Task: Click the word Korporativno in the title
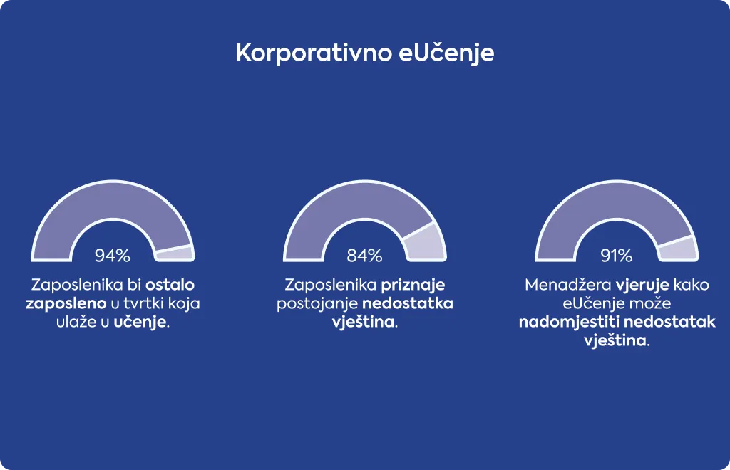coord(314,53)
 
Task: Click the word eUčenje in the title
coord(446,53)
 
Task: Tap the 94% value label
coord(113,255)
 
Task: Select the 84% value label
coord(364,255)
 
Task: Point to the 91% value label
coord(617,255)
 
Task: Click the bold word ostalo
coord(170,285)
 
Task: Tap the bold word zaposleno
coord(66,304)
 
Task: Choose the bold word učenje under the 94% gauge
coord(140,322)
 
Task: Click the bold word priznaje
coord(413,286)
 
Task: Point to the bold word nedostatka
coord(407,303)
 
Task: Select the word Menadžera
coord(567,285)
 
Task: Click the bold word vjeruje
coord(642,286)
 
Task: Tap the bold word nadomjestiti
coord(568,322)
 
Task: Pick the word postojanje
coord(317,304)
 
